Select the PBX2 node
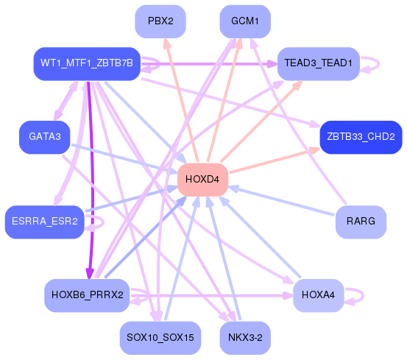tap(160, 21)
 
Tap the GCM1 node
tap(245, 21)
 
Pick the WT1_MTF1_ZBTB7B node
tap(87, 64)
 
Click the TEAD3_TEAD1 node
tap(319, 64)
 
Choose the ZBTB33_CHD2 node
tap(361, 137)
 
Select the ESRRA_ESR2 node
tap(45, 222)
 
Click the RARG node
tap(361, 222)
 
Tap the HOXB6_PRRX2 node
tap(87, 295)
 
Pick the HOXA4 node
tap(319, 295)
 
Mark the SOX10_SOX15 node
tap(160, 338)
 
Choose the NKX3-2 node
tap(245, 338)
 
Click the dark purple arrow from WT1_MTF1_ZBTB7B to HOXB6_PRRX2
tap(89, 177)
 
